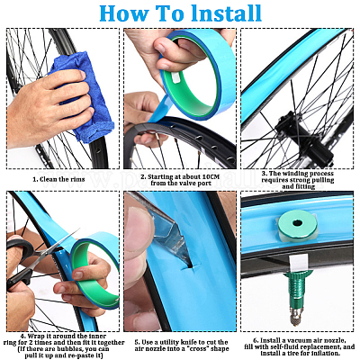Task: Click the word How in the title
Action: coord(123,13)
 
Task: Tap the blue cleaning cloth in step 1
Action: coord(83,96)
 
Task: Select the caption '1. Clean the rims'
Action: coord(58,179)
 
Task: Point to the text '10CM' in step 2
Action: coord(211,176)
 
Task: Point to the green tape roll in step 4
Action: coord(95,270)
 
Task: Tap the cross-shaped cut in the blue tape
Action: coord(192,265)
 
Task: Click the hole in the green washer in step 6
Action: coord(297,223)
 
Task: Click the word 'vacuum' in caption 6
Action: coord(300,340)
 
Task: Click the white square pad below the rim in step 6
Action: coord(299,262)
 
